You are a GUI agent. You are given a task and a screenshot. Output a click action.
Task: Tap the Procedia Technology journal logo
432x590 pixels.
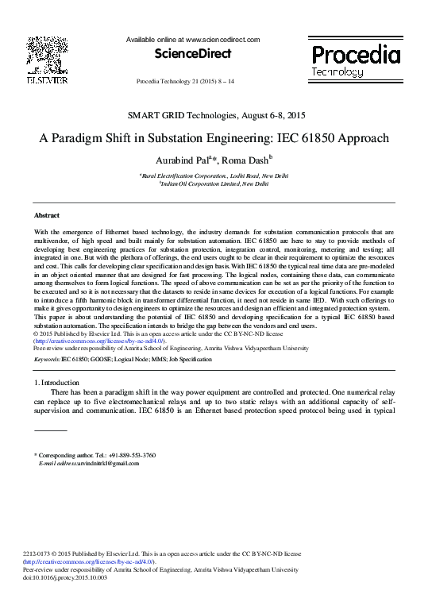click(x=356, y=60)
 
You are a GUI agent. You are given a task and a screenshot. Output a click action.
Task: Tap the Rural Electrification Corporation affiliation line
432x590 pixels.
click(x=214, y=175)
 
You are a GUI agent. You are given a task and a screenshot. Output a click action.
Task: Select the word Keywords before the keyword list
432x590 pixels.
click(x=47, y=360)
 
